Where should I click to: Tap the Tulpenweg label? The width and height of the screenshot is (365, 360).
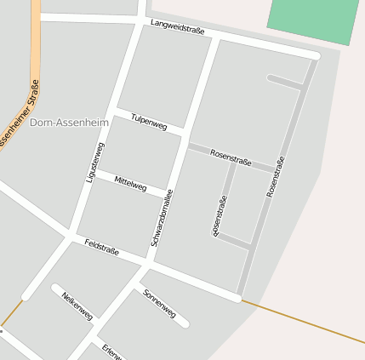(x=149, y=121)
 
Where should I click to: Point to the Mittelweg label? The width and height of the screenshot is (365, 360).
(x=130, y=183)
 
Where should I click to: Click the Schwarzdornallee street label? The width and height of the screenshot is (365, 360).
(x=162, y=218)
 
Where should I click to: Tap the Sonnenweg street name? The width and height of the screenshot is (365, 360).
(x=160, y=304)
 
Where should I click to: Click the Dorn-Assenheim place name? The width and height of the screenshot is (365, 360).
(x=69, y=123)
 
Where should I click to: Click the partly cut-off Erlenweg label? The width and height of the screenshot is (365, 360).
(x=111, y=351)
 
